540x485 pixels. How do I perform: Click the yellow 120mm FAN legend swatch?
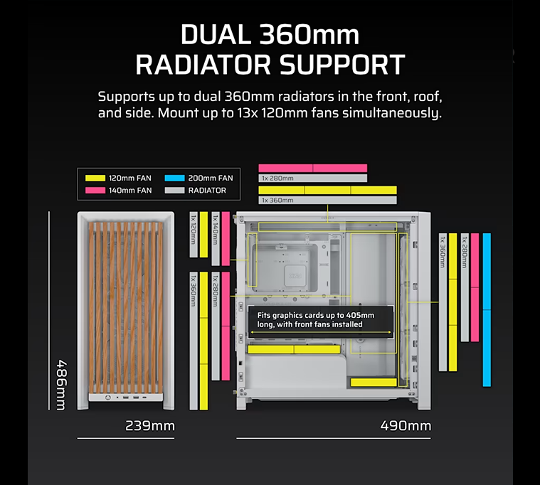click(x=95, y=178)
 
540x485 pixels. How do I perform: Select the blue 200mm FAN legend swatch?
click(x=174, y=178)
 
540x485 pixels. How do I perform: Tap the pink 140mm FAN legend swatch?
click(x=95, y=191)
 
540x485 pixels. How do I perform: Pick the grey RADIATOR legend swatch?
click(x=174, y=191)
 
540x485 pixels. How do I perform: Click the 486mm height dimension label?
click(x=61, y=385)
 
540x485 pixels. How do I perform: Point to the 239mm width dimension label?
click(x=150, y=426)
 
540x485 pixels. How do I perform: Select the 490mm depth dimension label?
click(x=406, y=426)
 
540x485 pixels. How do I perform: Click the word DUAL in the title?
click(x=216, y=34)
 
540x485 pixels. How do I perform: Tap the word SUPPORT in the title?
click(x=342, y=65)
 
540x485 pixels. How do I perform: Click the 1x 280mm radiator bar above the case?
click(x=313, y=178)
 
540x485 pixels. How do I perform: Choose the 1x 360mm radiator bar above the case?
click(x=327, y=200)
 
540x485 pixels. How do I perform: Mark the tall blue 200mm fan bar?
click(x=487, y=310)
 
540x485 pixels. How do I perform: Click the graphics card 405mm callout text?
click(x=315, y=320)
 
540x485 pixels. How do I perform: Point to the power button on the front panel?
click(x=108, y=398)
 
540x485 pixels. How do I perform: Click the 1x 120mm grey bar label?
click(x=194, y=235)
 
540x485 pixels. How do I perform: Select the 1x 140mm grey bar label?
click(x=216, y=238)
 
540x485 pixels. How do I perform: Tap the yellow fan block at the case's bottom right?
click(x=374, y=382)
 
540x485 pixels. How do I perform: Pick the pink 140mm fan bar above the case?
click(x=313, y=168)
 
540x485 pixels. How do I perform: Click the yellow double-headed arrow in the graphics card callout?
click(x=321, y=333)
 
